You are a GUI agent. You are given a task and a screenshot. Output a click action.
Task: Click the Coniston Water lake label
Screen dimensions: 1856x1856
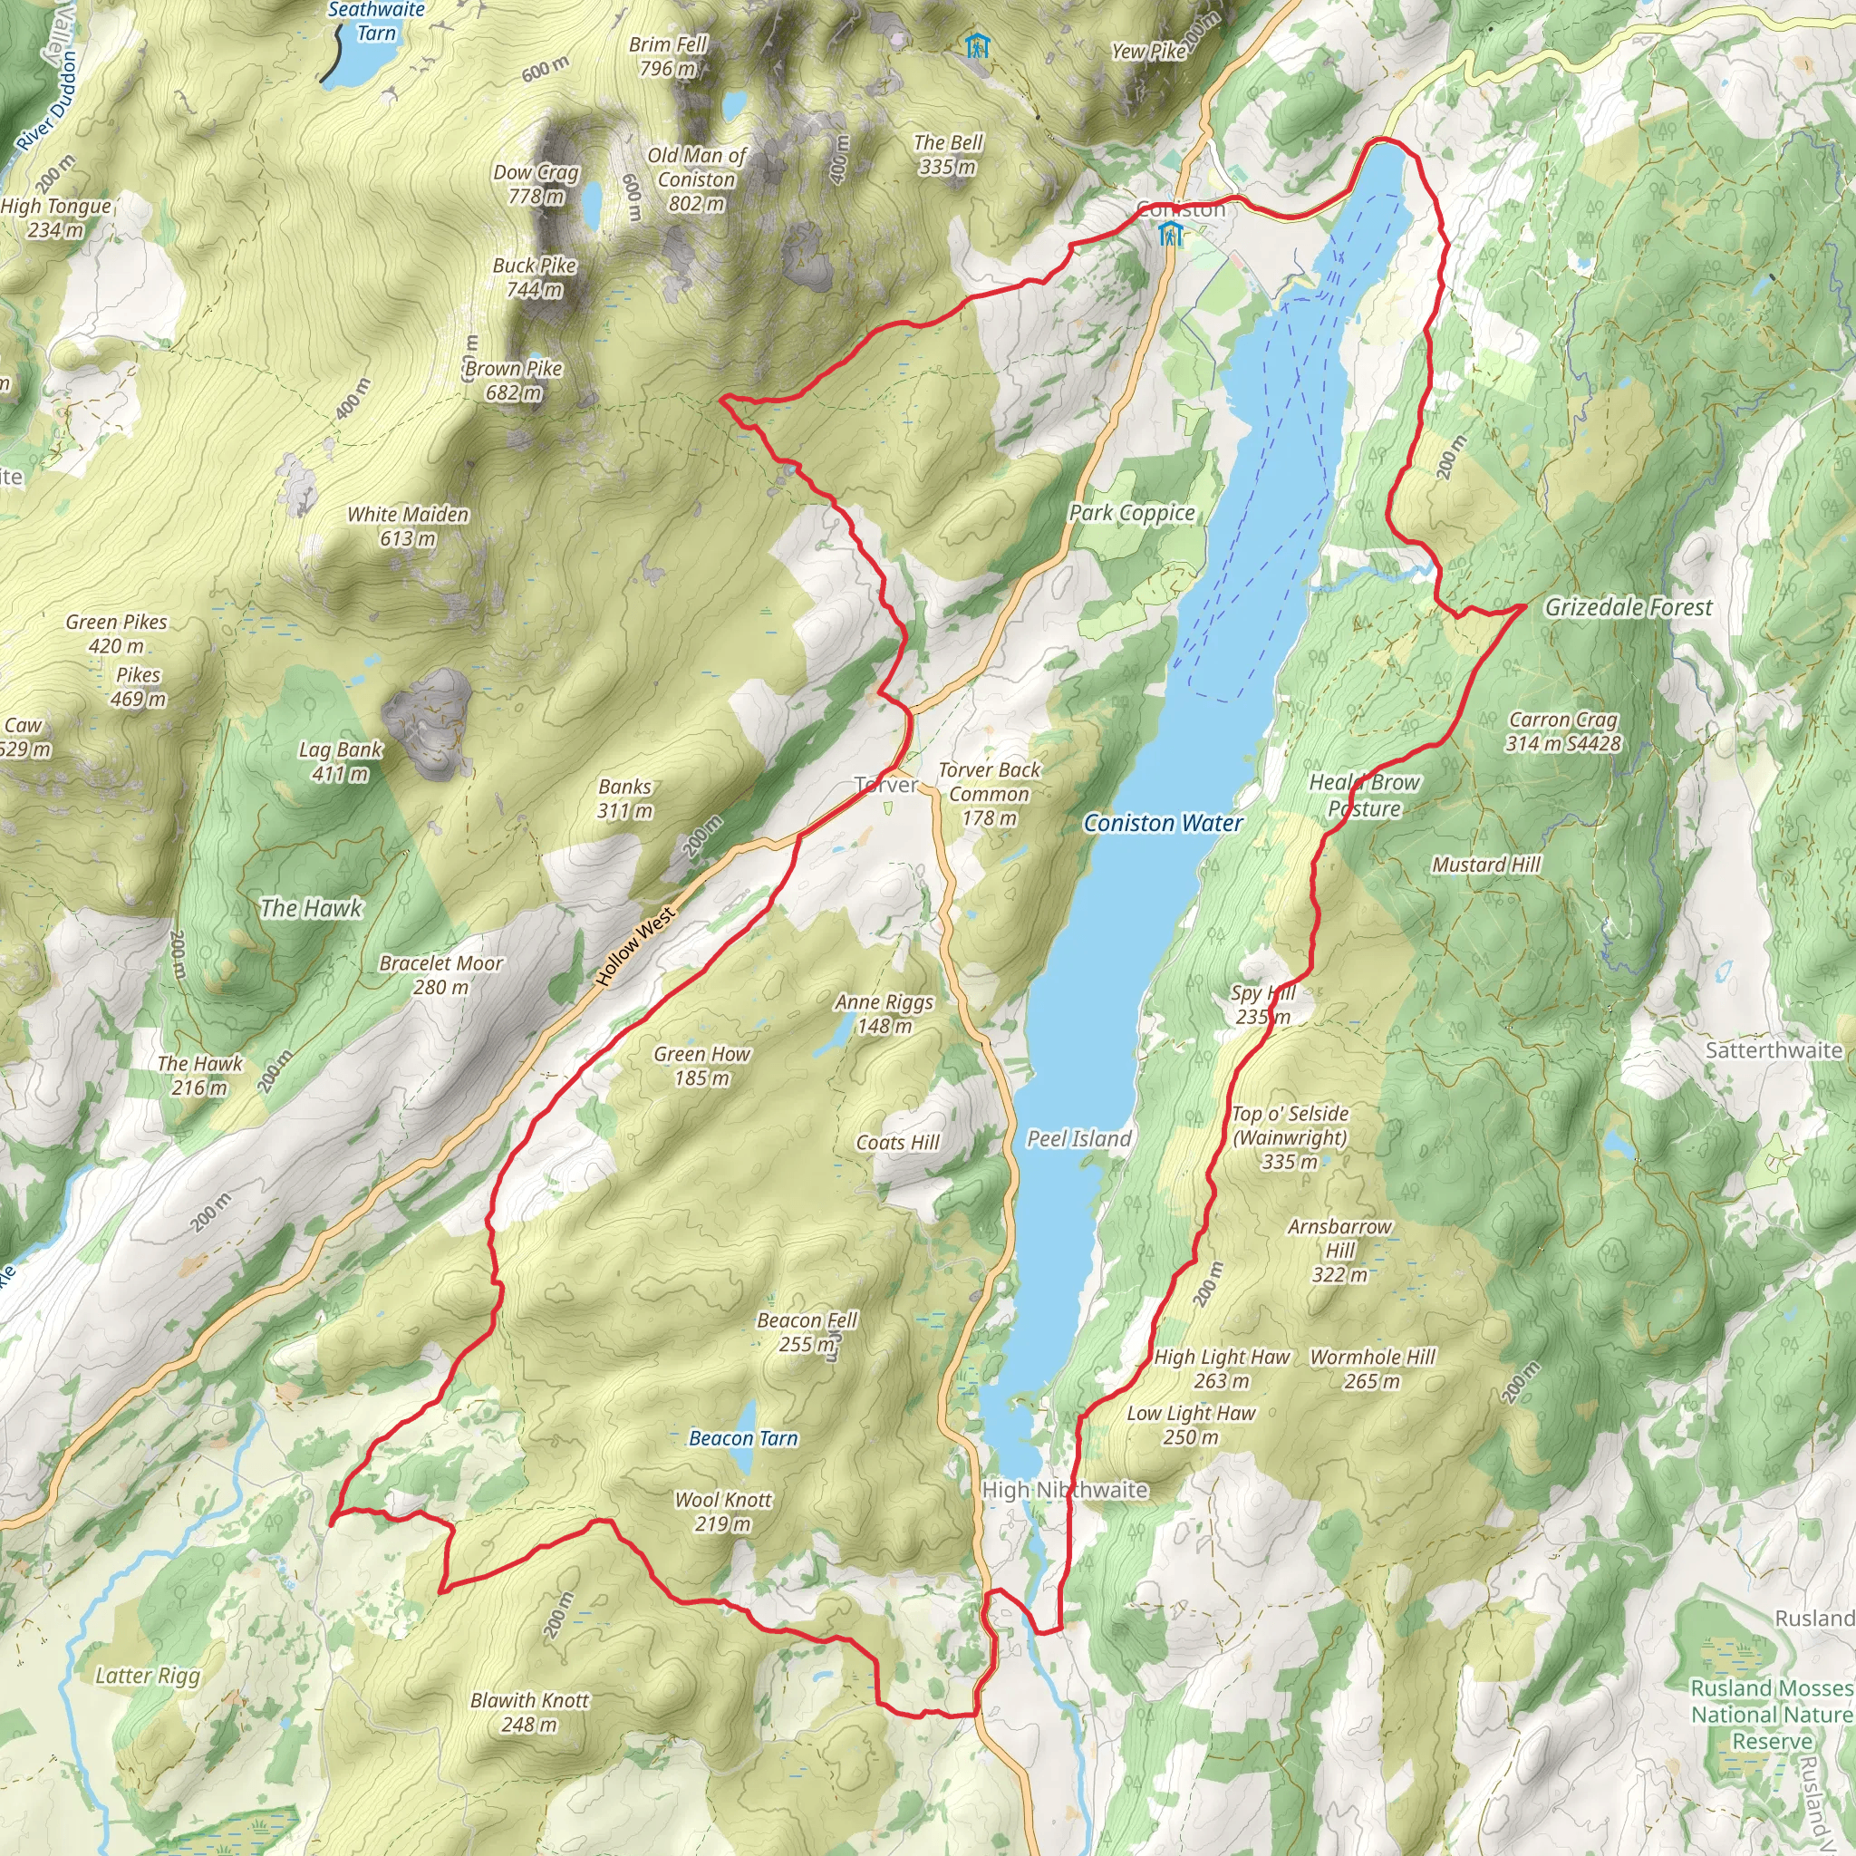coord(1163,823)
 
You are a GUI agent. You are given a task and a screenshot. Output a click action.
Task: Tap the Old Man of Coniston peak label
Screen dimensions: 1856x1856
coord(697,179)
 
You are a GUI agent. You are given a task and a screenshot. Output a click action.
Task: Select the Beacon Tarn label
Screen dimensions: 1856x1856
coord(743,1438)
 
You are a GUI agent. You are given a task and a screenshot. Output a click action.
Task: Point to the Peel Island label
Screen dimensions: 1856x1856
coord(1078,1138)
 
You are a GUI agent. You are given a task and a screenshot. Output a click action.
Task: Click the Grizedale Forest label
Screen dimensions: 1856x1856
coord(1629,607)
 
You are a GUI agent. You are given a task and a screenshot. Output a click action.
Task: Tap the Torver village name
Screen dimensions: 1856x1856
coord(885,785)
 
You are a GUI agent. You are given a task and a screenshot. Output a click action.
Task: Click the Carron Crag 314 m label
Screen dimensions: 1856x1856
coord(1563,731)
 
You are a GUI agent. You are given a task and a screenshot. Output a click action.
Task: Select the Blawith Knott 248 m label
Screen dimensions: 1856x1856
coord(529,1712)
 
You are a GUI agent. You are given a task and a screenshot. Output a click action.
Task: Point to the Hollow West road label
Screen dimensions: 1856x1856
coord(635,947)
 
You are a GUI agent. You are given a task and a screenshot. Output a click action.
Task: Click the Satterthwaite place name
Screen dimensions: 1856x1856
coord(1774,1050)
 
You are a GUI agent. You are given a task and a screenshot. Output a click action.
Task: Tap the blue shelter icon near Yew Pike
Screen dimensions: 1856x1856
coord(976,44)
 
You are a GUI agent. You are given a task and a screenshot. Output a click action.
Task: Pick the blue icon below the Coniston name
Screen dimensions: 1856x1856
coord(1169,234)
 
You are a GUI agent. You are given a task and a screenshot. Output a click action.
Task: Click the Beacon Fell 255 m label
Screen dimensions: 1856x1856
coord(807,1331)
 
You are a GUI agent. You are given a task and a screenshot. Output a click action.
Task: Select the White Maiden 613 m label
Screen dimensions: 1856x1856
coord(409,527)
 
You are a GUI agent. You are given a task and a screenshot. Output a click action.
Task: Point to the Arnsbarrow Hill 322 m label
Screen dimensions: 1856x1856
coord(1339,1251)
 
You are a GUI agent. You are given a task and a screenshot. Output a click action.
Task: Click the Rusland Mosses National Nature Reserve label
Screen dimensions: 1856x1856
coord(1772,1715)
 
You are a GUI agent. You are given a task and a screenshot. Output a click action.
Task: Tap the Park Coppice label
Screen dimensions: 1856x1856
coord(1133,513)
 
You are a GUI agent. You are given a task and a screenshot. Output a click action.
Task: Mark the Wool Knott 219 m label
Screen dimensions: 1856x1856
coord(723,1511)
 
